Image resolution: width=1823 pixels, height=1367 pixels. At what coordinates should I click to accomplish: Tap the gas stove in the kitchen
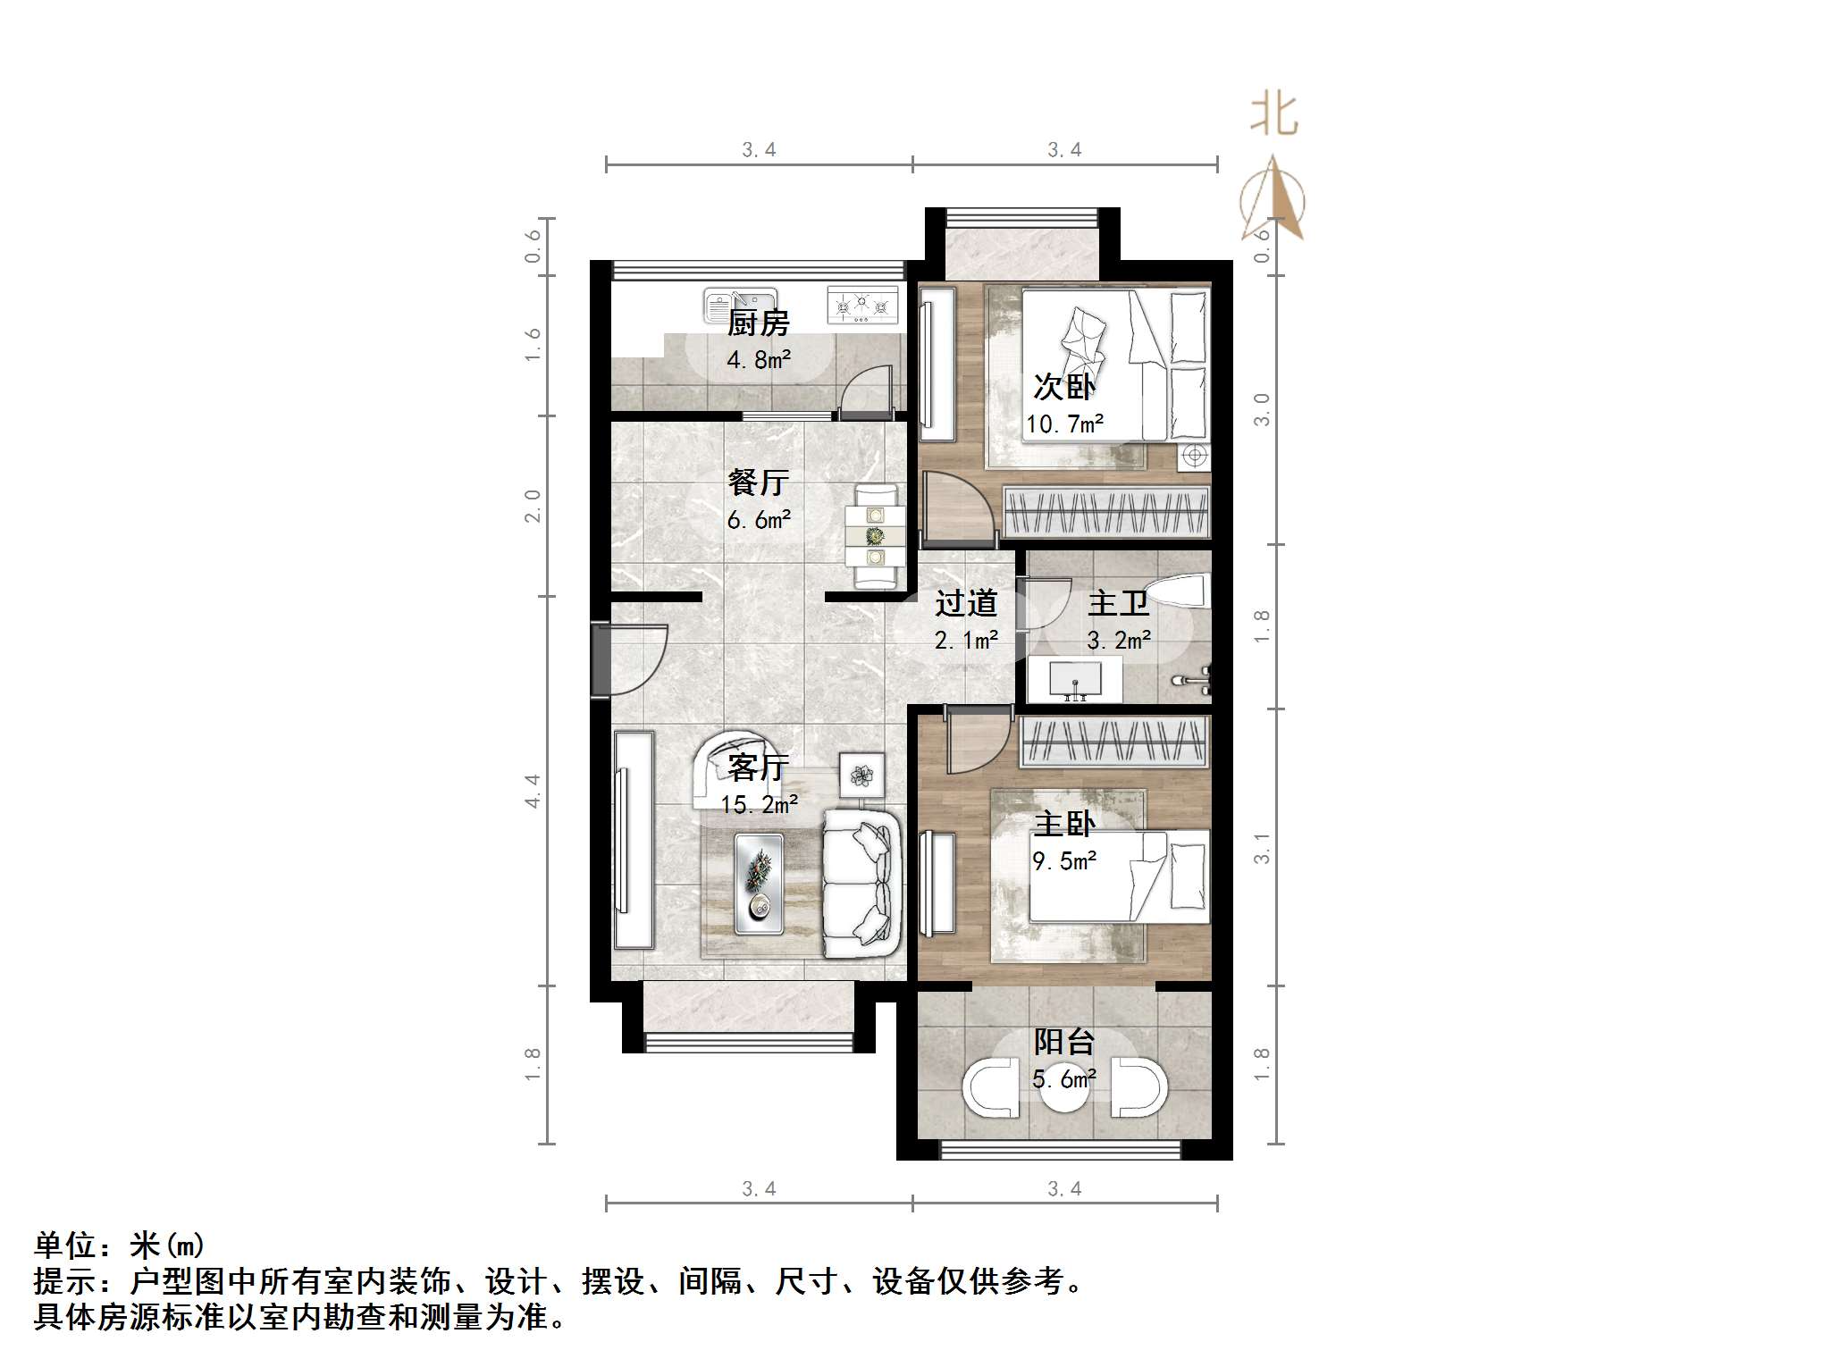[x=861, y=305]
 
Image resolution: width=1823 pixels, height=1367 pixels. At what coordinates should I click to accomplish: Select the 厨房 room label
[x=758, y=323]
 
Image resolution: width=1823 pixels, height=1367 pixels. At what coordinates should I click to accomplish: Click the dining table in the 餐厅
[x=876, y=536]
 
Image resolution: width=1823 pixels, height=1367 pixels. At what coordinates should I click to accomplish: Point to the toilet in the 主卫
[x=1177, y=591]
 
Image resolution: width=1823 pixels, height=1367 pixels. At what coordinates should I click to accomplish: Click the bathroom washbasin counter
[x=1074, y=679]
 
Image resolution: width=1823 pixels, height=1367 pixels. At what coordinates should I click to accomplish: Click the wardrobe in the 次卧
[x=1106, y=512]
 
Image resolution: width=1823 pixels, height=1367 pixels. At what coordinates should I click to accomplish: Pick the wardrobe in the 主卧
[x=1113, y=741]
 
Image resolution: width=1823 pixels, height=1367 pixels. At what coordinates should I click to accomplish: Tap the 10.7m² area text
[x=1064, y=424]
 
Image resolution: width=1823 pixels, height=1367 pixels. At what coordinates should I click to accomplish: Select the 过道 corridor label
[x=965, y=604]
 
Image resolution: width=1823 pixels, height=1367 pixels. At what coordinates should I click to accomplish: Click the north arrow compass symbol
[x=1273, y=201]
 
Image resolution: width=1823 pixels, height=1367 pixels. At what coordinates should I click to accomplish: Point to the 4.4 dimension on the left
[x=533, y=791]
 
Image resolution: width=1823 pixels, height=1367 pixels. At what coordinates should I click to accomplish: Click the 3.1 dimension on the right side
[x=1261, y=847]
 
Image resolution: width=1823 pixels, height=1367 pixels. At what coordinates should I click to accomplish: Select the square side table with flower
[x=861, y=775]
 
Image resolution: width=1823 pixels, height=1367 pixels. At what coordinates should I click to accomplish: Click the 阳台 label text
[x=1063, y=1042]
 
